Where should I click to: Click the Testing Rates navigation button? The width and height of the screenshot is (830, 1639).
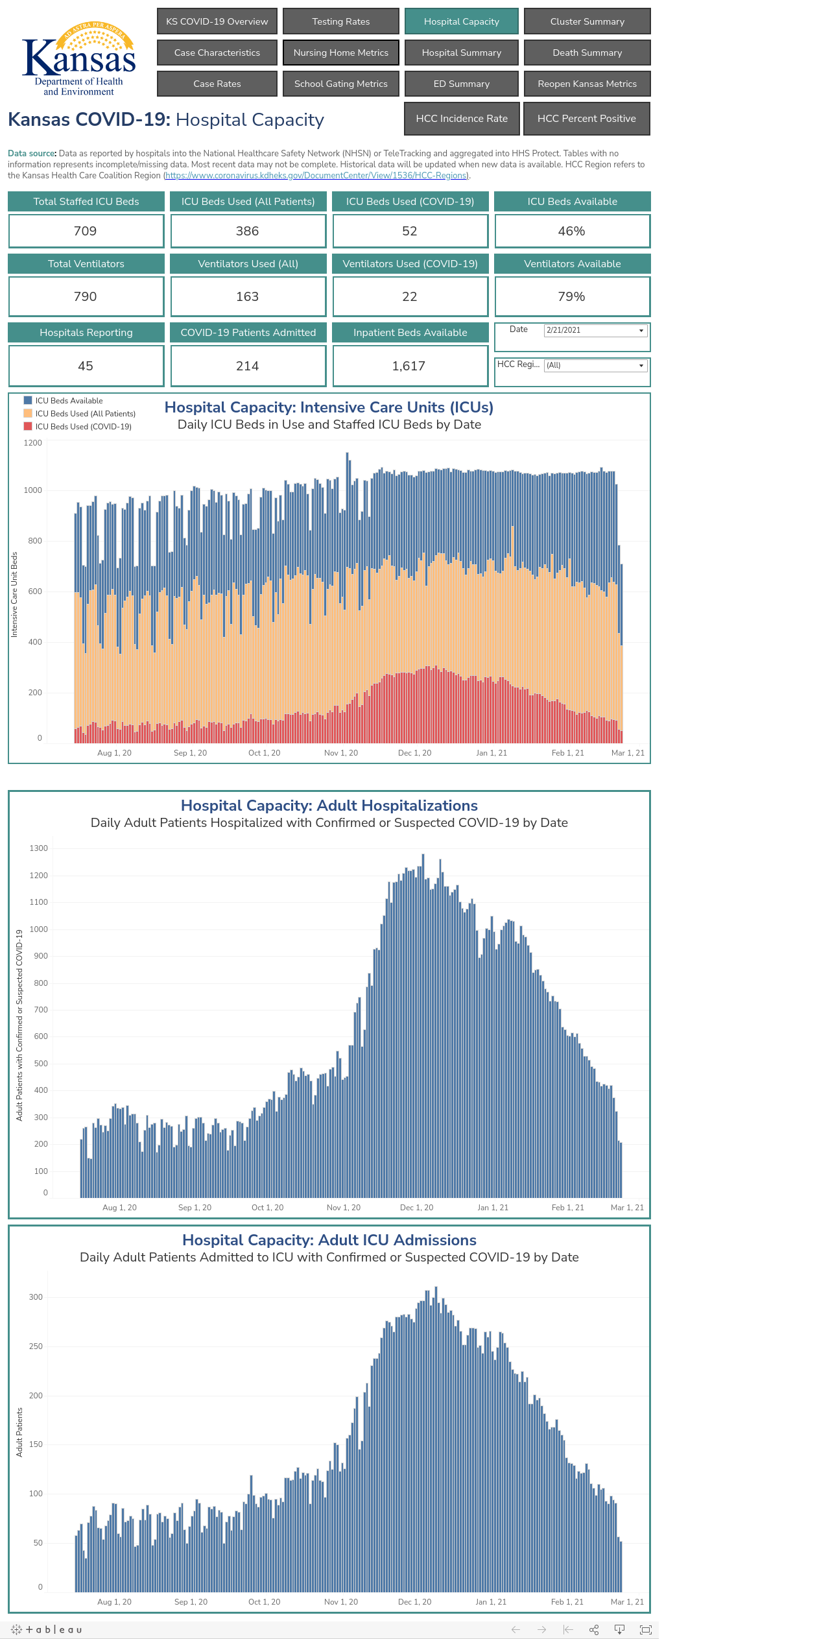coord(341,21)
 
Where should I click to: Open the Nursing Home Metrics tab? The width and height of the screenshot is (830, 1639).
coord(341,53)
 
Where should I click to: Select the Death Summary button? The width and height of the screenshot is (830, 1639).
coord(587,53)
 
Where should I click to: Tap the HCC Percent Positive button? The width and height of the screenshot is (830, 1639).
coord(587,119)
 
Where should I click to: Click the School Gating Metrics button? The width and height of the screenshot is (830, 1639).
coord(341,84)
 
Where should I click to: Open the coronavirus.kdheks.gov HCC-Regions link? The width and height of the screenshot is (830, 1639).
coord(316,176)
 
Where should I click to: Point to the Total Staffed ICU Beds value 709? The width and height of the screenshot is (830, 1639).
coord(86,231)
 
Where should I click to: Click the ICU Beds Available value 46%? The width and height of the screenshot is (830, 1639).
coord(572,231)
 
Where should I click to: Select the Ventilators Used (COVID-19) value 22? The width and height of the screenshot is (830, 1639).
coord(410,296)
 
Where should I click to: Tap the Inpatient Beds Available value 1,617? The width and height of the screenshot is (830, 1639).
coord(409,366)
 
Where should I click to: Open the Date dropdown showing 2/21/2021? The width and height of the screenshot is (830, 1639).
coord(595,330)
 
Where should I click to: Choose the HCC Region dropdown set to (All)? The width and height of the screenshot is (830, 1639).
coord(595,365)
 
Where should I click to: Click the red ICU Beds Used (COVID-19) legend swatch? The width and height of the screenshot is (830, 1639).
coord(28,426)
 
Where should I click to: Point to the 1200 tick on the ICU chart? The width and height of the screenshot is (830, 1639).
coord(33,443)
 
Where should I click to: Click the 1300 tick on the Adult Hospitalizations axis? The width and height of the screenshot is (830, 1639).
coord(39,848)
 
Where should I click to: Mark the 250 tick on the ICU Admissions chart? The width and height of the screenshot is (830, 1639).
coord(36,1346)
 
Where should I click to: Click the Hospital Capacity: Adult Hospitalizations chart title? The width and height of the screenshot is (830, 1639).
coord(329,806)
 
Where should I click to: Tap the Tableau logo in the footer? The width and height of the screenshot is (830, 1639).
coord(47,1629)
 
